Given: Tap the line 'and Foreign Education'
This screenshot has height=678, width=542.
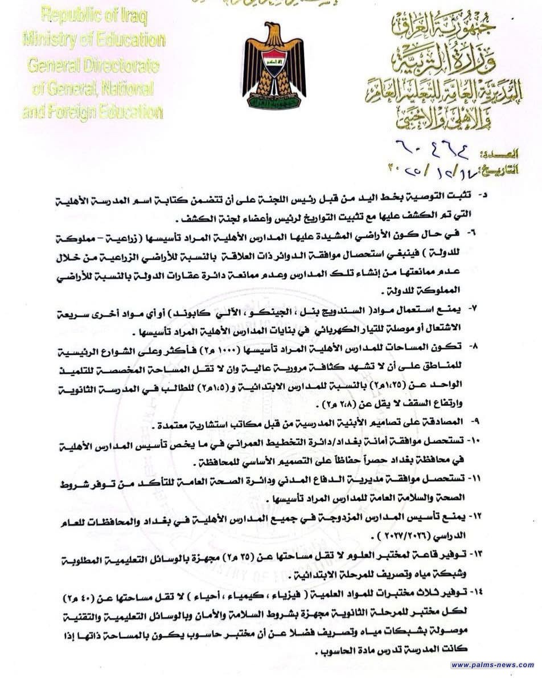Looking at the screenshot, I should point(93,111).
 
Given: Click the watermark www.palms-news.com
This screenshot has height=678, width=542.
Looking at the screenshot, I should point(492,664).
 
